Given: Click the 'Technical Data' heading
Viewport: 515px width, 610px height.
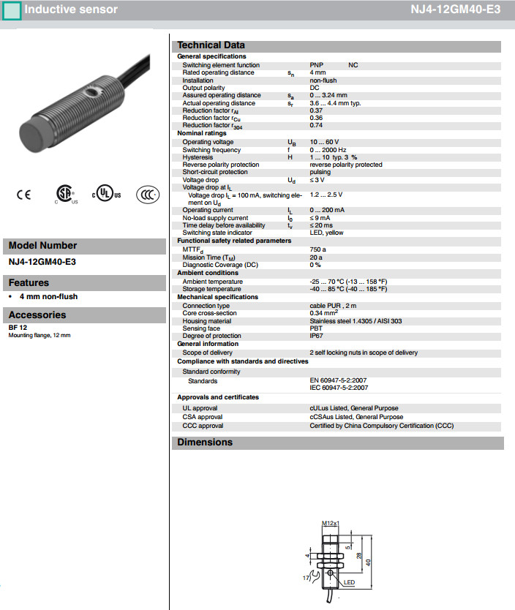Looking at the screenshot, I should pos(211,45).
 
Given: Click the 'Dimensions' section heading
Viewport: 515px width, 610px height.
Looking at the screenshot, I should pos(205,443).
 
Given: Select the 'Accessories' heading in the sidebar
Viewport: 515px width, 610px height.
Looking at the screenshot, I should pos(37,315).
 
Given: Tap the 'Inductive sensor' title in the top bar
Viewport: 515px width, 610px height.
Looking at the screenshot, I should pos(70,10).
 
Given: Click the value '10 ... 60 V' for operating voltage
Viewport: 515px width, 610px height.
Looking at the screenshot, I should pos(324,142).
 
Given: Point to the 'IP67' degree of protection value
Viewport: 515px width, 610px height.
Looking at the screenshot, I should pos(316,336).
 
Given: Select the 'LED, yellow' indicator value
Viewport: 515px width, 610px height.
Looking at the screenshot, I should pos(326,233).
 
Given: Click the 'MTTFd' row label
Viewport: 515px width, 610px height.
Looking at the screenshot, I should pos(194,249).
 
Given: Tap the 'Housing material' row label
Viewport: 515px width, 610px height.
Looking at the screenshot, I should pos(207,321).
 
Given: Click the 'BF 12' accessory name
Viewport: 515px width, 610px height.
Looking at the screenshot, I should pos(17,328).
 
